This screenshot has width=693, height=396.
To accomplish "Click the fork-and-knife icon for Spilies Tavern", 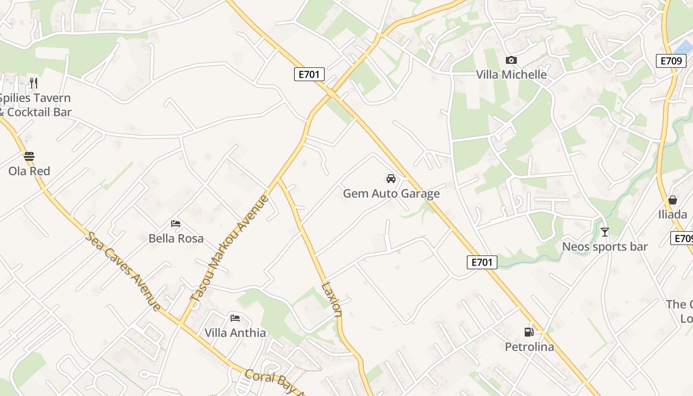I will (x=34, y=82).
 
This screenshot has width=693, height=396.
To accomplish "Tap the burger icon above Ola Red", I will (x=29, y=156).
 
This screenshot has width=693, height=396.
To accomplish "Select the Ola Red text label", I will (x=29, y=171).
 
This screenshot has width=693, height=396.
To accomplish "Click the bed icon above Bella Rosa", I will (x=176, y=224).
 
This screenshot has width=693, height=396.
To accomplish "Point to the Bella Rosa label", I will (x=176, y=238).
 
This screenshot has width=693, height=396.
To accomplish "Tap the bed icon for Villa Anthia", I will (x=235, y=318).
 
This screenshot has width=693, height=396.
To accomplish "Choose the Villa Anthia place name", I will (x=235, y=333).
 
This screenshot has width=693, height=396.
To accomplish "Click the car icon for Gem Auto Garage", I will (x=391, y=178).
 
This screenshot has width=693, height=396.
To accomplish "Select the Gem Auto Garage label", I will (x=391, y=194).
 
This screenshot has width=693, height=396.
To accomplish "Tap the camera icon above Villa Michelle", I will (x=511, y=60).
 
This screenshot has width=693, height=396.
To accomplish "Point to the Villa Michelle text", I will (x=511, y=75).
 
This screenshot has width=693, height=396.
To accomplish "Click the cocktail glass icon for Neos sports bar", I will (x=604, y=232).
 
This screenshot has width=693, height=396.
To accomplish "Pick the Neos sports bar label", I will (x=604, y=247).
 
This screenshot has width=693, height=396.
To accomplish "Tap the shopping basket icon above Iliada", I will (x=672, y=200).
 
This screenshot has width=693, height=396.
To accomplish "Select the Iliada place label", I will (x=672, y=214).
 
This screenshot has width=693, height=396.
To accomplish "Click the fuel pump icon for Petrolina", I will (x=529, y=332).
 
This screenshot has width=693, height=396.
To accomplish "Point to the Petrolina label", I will (x=529, y=346).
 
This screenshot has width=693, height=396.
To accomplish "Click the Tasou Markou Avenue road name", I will (x=229, y=248).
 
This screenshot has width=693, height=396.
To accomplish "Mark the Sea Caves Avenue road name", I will (x=123, y=271).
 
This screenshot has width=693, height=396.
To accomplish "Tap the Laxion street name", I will (x=332, y=299).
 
